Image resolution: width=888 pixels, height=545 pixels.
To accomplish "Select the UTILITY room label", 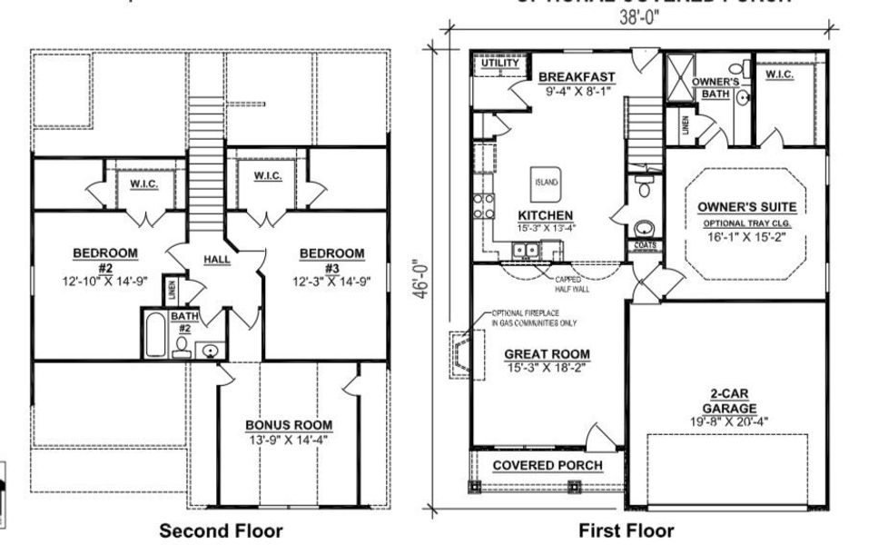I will (x=500, y=64).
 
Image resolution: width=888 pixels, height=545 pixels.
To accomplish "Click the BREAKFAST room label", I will (x=577, y=77).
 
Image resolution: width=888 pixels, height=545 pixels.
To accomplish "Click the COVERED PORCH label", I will (x=548, y=466).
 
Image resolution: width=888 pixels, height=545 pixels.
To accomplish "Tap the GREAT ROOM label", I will (x=548, y=354).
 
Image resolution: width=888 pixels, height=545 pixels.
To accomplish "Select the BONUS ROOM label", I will (x=288, y=424).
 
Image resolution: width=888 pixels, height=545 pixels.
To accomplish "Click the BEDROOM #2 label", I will (x=105, y=253).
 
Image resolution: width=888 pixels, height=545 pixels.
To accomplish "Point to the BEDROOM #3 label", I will (x=331, y=253).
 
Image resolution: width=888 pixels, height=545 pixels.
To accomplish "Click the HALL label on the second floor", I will (x=217, y=260).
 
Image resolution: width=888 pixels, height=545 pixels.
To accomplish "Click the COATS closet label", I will (x=643, y=245).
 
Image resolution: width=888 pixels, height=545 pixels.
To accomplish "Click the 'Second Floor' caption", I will (x=221, y=530).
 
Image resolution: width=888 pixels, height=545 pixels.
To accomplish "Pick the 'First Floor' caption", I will (x=627, y=530).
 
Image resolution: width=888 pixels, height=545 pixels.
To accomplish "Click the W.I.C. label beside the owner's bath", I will (x=779, y=74).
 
